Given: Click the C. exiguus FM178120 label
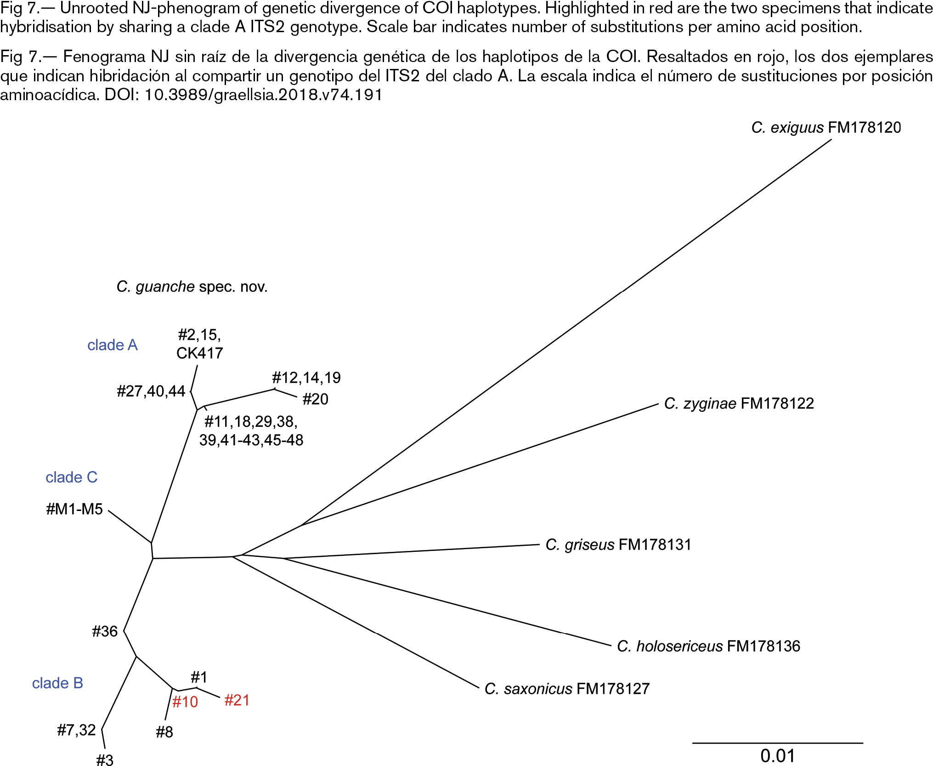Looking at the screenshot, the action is (826, 127).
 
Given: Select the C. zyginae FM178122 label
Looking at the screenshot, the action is (739, 403).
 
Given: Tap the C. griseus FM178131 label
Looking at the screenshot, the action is (618, 545).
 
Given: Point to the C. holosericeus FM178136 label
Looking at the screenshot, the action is (708, 646).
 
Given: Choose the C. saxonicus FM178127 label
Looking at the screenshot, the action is (567, 689).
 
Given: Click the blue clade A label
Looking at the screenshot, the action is (113, 345).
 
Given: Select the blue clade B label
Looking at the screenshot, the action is (57, 683).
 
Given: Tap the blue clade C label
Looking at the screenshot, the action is (72, 477).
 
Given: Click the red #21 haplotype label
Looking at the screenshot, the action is (237, 700).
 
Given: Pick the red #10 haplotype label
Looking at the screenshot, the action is (185, 702).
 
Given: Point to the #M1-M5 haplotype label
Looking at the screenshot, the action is (74, 509).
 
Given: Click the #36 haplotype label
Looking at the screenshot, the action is (105, 631).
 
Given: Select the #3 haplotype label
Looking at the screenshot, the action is (105, 760).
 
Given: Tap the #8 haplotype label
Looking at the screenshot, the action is (164, 732).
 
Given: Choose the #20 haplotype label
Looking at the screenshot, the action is (316, 399).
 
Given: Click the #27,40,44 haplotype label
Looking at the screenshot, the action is (151, 391).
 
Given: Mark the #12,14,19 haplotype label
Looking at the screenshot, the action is (306, 378).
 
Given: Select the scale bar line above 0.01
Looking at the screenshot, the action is (778, 743).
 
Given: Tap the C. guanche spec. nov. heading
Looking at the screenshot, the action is (192, 287).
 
